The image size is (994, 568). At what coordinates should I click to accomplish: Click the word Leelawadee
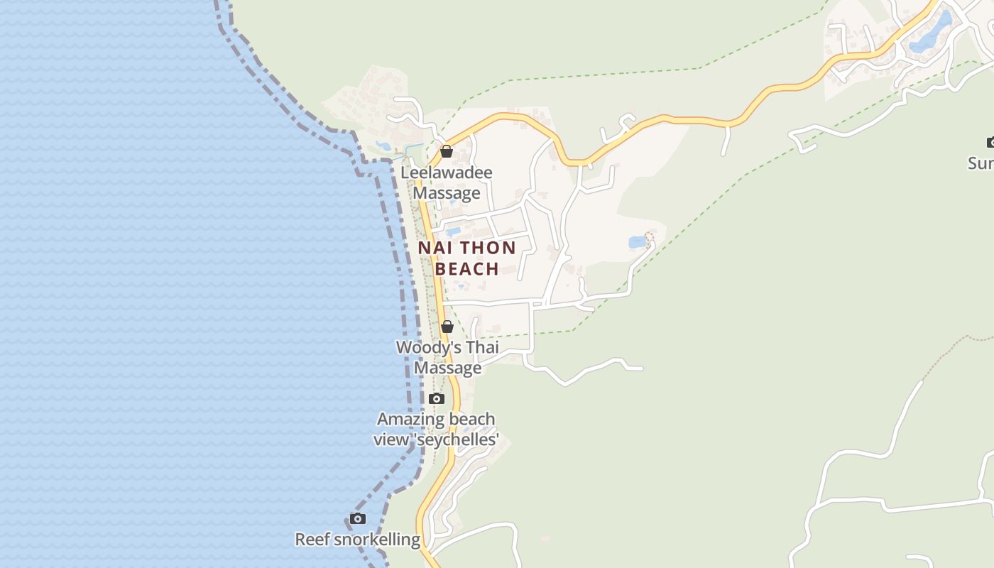pyautogui.click(x=447, y=173)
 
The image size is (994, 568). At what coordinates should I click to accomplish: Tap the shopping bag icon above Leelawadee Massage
pyautogui.click(x=447, y=151)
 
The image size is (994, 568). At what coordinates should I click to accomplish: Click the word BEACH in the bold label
pyautogui.click(x=466, y=268)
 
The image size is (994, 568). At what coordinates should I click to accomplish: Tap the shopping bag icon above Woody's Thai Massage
pyautogui.click(x=447, y=327)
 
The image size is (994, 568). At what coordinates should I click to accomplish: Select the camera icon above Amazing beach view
pyautogui.click(x=437, y=398)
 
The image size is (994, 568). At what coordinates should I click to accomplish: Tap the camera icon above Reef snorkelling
pyautogui.click(x=358, y=519)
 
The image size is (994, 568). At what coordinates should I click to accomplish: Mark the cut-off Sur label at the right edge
pyautogui.click(x=981, y=163)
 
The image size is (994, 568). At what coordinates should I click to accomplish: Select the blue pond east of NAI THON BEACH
pyautogui.click(x=637, y=243)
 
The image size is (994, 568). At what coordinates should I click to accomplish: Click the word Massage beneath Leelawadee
pyautogui.click(x=447, y=193)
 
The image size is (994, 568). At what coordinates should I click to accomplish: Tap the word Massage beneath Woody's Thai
pyautogui.click(x=447, y=368)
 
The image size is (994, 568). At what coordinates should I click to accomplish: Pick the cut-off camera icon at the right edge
pyautogui.click(x=990, y=143)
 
